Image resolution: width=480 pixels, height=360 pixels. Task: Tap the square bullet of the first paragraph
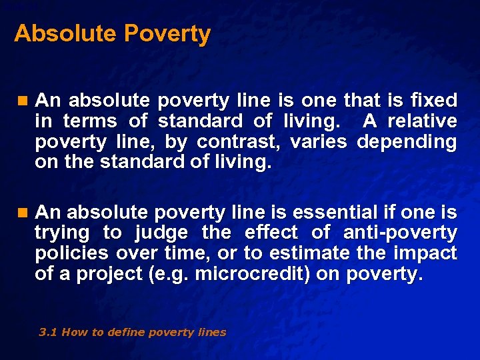(23, 101)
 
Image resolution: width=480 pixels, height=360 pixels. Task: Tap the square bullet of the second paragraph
(23, 213)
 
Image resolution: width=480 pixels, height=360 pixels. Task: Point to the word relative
(423, 121)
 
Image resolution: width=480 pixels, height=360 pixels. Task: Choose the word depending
(407, 142)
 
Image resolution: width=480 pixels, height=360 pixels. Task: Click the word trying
(62, 233)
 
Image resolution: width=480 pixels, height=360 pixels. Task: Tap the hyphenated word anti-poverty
(400, 233)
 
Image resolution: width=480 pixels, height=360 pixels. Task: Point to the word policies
(73, 254)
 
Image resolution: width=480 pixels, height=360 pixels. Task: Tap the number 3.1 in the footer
(48, 332)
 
